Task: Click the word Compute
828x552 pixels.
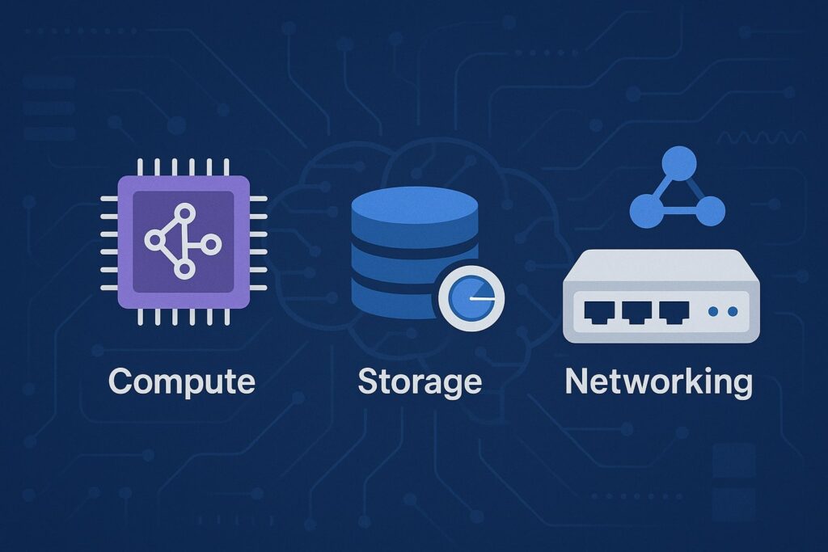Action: coord(182,381)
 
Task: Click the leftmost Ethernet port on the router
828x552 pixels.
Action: coord(599,313)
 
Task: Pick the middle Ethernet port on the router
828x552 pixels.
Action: coord(637,313)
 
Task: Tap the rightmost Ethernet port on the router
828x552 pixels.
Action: coord(674,313)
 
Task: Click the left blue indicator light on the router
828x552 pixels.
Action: coord(713,312)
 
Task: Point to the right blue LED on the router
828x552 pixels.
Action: coord(733,312)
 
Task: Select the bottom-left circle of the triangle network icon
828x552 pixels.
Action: coord(646,211)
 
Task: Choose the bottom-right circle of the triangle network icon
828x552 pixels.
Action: coord(710,211)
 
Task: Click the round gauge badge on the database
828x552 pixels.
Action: coord(471,297)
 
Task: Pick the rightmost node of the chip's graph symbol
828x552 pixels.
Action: coord(211,244)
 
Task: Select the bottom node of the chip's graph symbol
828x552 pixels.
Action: coord(184,270)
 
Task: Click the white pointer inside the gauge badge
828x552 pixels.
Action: coord(482,299)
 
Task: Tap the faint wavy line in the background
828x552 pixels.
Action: coord(760,138)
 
